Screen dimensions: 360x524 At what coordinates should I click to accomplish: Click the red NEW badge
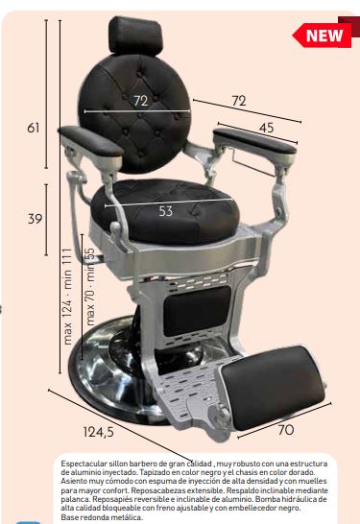323,35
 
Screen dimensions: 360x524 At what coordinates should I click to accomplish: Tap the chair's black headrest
135,35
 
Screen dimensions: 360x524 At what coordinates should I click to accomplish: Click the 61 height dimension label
34,128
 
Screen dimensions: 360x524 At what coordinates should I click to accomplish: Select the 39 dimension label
35,219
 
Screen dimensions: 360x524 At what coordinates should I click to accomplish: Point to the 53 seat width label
166,211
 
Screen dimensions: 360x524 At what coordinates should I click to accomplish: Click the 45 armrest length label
267,128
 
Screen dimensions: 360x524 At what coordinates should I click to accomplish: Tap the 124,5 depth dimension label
98,432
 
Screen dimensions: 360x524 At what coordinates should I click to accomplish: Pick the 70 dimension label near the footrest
286,430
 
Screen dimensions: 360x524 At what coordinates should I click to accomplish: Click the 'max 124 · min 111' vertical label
67,297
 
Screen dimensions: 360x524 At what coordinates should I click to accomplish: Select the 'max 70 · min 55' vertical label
90,286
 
